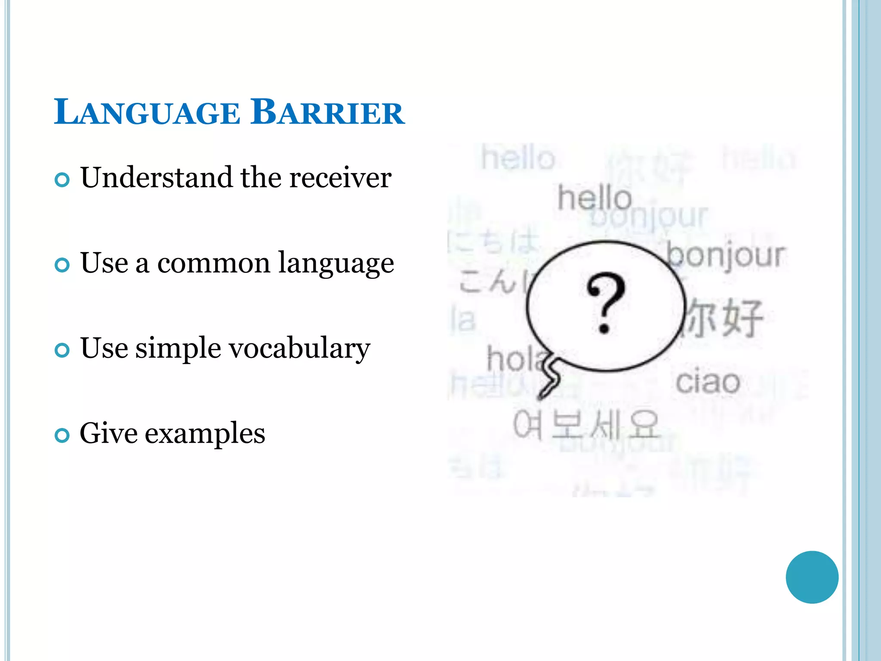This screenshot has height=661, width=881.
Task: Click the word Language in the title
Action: point(147,112)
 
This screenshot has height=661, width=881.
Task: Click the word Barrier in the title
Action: point(327,112)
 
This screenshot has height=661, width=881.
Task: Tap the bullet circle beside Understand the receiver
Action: point(62,179)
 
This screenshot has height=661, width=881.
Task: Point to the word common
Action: point(213,263)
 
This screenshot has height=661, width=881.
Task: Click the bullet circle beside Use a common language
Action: point(62,265)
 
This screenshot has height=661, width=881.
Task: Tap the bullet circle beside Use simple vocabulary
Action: point(62,350)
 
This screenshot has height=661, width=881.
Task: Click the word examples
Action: point(205,433)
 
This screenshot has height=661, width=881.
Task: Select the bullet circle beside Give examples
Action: point(62,435)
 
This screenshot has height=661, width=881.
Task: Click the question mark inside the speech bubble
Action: point(605,303)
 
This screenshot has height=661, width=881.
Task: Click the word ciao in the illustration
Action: point(708,382)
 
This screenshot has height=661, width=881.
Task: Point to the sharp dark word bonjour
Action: point(726,256)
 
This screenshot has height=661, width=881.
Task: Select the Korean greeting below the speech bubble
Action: point(585,425)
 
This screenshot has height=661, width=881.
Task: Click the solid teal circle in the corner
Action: point(812,577)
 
